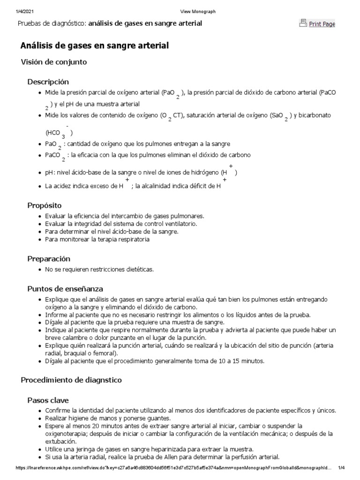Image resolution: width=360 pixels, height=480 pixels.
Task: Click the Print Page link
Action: pyautogui.click(x=322, y=24)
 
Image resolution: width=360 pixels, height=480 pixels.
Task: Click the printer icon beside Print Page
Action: pyautogui.click(x=303, y=23)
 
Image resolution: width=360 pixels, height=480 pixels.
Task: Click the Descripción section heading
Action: pyautogui.click(x=48, y=82)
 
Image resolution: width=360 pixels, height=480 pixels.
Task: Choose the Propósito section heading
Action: pyautogui.click(x=45, y=206)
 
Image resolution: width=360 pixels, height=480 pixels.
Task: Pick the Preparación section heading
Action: pyautogui.click(x=49, y=259)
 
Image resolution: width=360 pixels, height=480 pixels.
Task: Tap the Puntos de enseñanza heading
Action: pyautogui.click(x=65, y=288)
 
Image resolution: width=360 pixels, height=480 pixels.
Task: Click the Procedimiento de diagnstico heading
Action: pyautogui.click(x=71, y=380)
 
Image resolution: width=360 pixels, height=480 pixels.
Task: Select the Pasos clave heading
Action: pyautogui.click(x=48, y=400)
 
